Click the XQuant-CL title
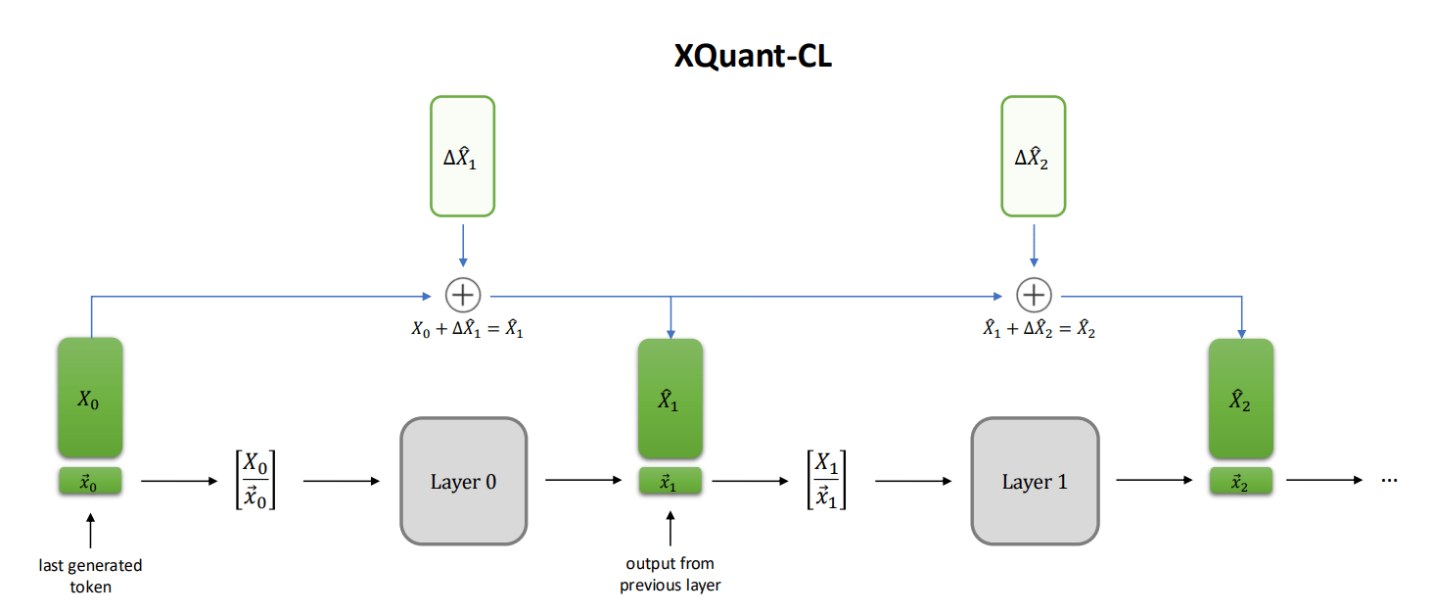[753, 57]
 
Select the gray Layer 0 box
[463, 481]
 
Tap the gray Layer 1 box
[1035, 481]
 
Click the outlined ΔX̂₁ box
[463, 156]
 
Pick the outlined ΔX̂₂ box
[1033, 156]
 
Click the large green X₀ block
[90, 398]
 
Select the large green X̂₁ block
[670, 399]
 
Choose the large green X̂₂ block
[1240, 399]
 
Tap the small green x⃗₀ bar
[90, 481]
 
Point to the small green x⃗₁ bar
[670, 481]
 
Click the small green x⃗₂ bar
[1240, 481]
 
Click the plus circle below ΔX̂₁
[463, 294]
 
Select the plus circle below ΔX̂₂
[1034, 294]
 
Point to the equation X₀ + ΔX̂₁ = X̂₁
[467, 330]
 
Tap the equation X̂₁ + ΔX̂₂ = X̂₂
[1039, 330]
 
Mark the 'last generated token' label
[90, 576]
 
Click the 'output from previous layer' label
[670, 574]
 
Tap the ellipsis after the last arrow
[1391, 481]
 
